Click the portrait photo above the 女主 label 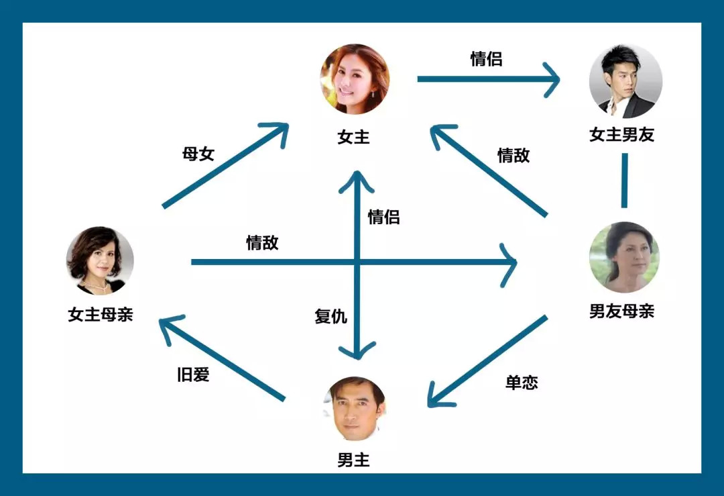(354, 79)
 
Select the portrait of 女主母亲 (100, 260)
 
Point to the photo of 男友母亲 (623, 258)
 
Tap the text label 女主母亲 (101, 314)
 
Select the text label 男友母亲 (621, 311)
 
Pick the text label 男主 (353, 460)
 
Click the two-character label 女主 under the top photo (353, 138)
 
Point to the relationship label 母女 (198, 154)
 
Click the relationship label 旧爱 (193, 375)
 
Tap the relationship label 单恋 (521, 383)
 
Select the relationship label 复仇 (330, 316)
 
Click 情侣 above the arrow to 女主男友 (486, 59)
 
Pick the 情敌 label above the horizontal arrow (262, 243)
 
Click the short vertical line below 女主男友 (624, 181)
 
